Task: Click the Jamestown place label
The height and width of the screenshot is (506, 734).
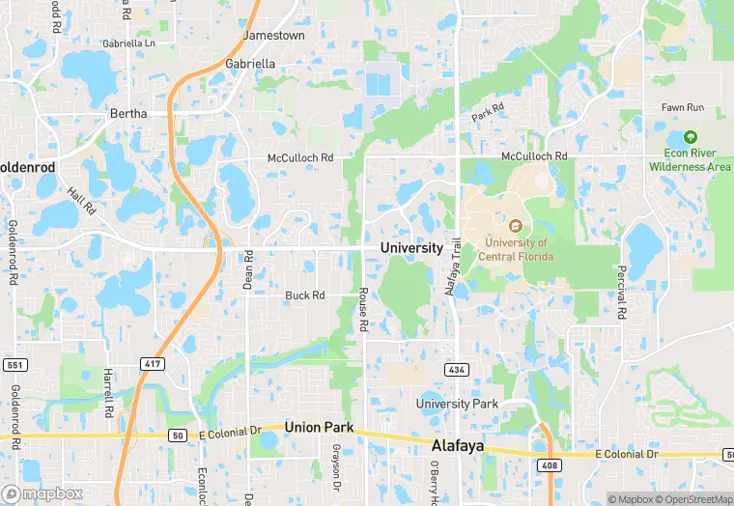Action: coord(273,35)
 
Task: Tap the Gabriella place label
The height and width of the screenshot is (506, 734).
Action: coord(249,63)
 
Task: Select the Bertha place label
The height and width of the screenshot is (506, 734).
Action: coord(128,113)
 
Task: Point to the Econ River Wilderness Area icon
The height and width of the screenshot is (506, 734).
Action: coord(690,137)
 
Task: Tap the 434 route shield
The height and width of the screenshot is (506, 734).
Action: coord(457,370)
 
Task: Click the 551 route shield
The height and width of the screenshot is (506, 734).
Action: coord(14,364)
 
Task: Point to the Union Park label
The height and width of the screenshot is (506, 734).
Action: coord(319,427)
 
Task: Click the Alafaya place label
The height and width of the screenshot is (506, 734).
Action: coord(456,447)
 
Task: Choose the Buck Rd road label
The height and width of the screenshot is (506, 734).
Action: coord(304,295)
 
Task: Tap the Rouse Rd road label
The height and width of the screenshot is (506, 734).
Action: coord(364,310)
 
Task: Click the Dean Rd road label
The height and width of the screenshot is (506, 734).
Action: coord(247,269)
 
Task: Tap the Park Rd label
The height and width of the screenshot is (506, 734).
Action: coord(489,112)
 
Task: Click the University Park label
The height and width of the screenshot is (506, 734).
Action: coord(456,403)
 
